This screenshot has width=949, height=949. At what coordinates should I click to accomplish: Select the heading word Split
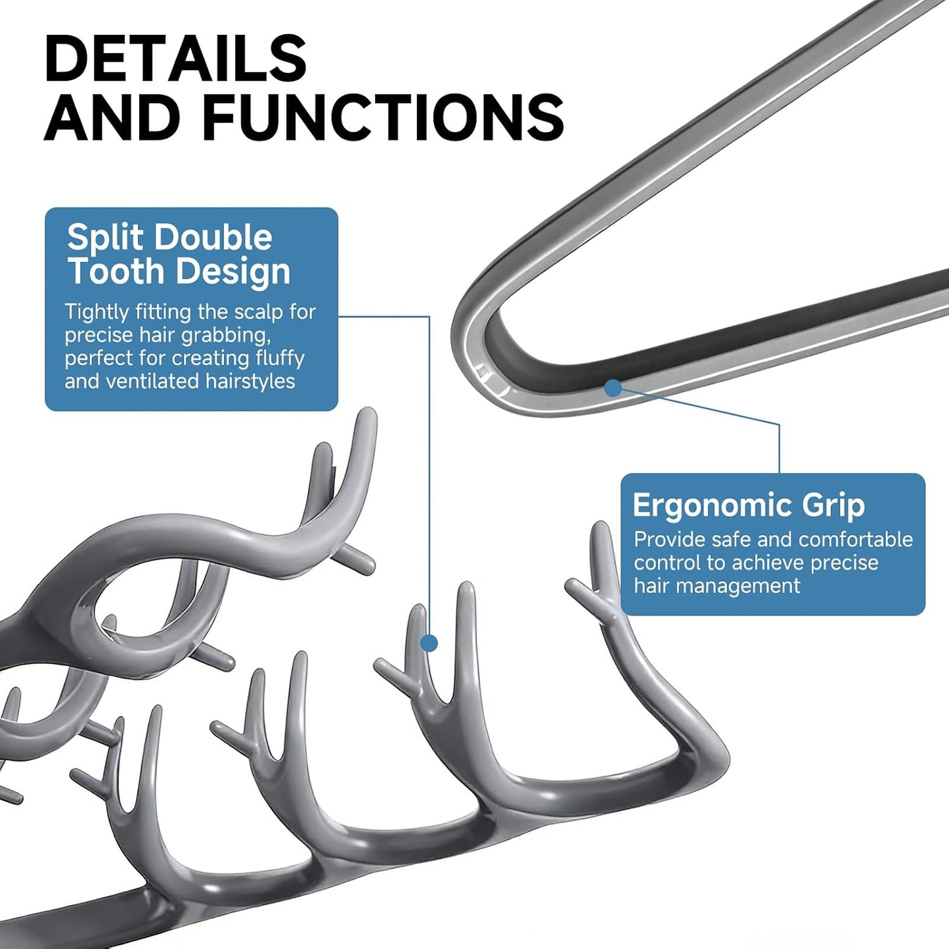[x=104, y=237]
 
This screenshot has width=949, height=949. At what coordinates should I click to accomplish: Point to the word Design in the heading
[x=233, y=272]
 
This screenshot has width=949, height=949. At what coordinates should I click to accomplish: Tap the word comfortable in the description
[x=856, y=540]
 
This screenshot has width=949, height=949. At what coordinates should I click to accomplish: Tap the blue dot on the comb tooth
[x=430, y=643]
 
